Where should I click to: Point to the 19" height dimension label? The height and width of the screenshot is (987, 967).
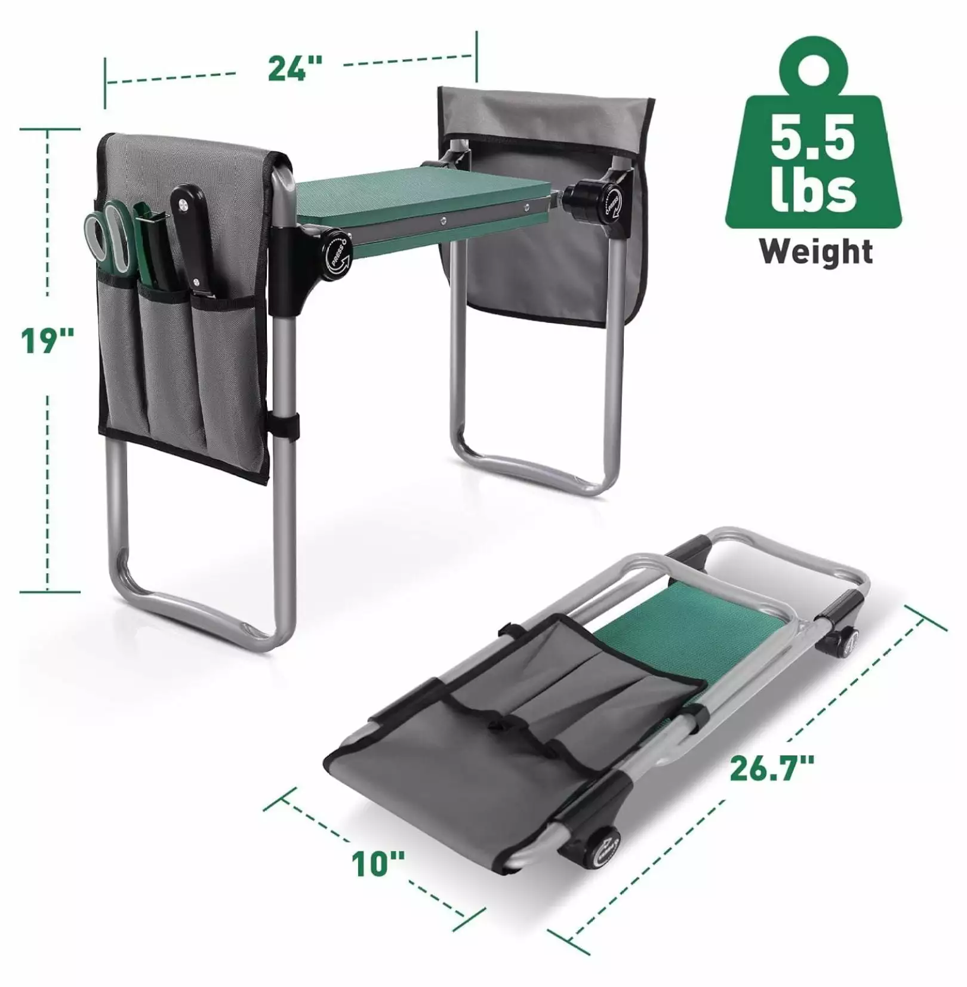pyautogui.click(x=48, y=341)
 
